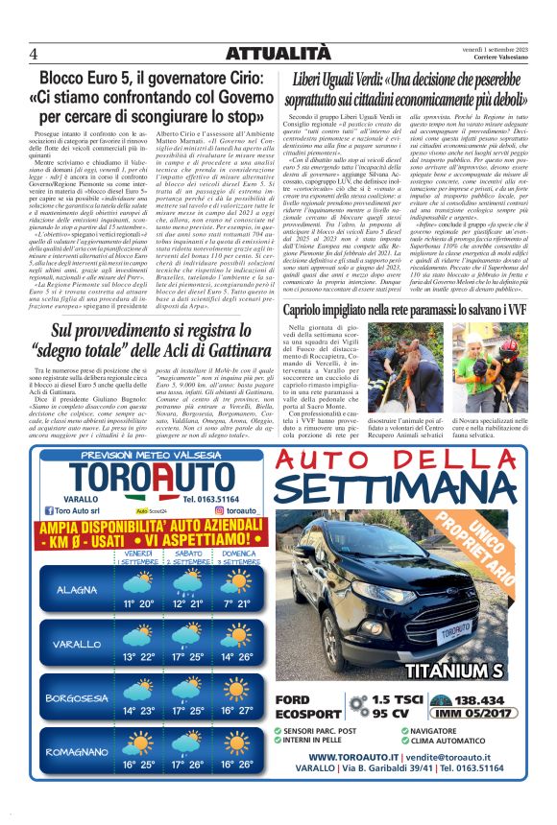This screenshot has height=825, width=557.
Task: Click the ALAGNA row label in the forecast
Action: pos(75,588)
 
